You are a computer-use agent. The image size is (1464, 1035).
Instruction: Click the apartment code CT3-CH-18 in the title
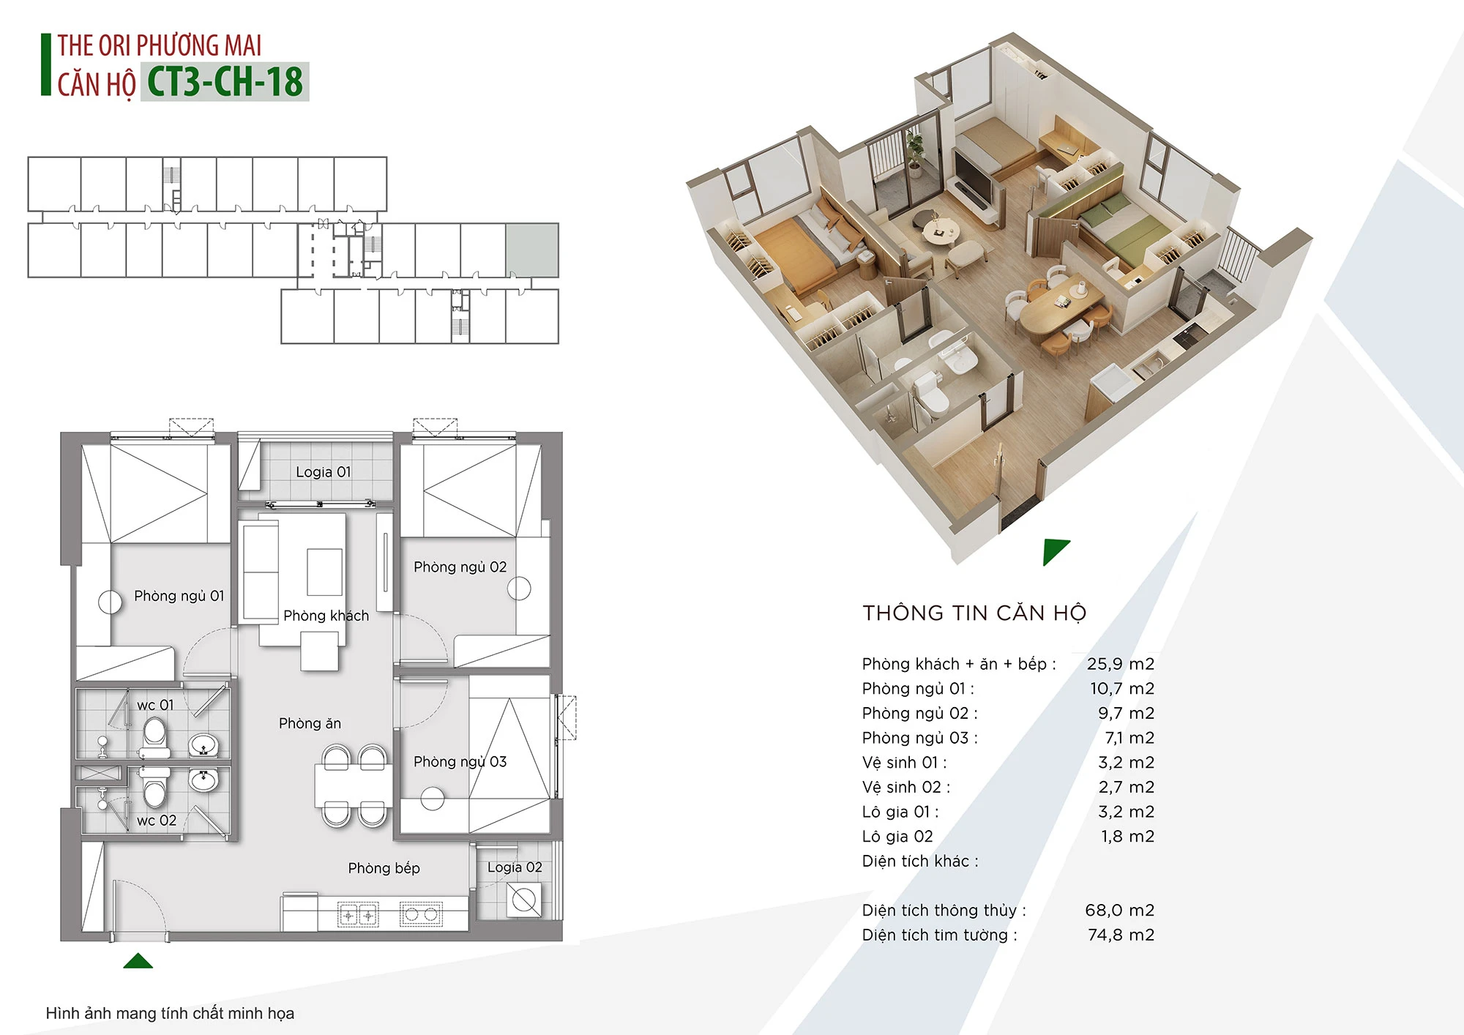point(225,81)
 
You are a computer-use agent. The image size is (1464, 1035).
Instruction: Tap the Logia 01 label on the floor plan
point(324,472)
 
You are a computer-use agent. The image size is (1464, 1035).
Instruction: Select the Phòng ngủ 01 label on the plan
point(179,596)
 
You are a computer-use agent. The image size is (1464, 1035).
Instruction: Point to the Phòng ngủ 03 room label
point(460,761)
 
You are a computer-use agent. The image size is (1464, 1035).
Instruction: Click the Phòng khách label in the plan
point(326,616)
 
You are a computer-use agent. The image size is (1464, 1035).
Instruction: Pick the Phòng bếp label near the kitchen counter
point(384,868)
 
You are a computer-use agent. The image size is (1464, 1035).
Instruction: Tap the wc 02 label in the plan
point(157,821)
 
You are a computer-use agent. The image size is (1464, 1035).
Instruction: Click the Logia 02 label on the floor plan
point(515,867)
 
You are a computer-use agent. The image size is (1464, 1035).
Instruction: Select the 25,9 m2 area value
point(1120,664)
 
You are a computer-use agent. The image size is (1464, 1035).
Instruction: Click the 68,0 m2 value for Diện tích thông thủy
point(1119,910)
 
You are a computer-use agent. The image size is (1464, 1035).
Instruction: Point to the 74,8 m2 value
point(1121,935)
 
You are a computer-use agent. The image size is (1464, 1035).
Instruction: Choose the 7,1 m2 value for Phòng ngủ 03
point(1129,738)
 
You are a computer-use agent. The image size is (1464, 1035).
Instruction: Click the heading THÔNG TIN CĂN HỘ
point(974,613)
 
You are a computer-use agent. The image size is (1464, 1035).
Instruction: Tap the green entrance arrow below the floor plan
point(138,960)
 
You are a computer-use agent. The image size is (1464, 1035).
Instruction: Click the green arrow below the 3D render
point(1055,551)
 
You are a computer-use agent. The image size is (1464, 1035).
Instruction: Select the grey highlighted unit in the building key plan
point(532,250)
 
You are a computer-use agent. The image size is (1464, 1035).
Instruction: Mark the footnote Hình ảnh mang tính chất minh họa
point(170,1013)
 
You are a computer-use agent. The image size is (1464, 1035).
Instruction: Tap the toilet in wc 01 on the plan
point(154,736)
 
